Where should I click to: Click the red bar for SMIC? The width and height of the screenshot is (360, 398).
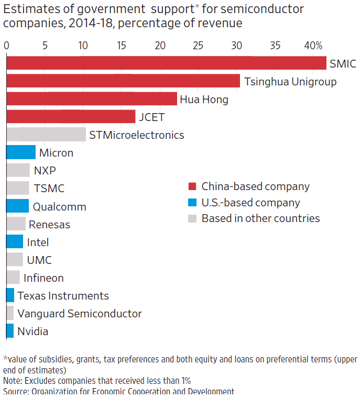pos(166,63)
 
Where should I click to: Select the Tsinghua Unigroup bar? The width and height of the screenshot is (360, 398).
pos(123,81)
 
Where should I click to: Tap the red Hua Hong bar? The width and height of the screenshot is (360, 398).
pos(92,99)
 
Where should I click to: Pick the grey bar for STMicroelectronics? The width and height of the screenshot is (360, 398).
pos(46,135)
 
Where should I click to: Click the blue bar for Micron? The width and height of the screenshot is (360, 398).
pos(21,152)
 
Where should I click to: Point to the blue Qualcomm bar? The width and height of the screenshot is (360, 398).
pos(18,206)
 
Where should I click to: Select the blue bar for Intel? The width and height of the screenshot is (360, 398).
pos(15,241)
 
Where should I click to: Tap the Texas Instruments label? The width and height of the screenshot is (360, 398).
pos(63,296)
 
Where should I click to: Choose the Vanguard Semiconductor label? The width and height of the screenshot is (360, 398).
pos(80,314)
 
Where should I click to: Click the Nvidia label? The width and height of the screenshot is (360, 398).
pos(32,331)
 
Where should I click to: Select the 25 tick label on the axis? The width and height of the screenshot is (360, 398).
pos(198,46)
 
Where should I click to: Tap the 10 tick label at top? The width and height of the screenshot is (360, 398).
pos(83,46)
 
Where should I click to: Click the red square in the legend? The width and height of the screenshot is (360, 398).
pos(192,186)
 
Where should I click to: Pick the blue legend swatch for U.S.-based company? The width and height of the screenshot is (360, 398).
pos(192,203)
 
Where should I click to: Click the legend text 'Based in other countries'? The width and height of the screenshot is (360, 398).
pos(260,218)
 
